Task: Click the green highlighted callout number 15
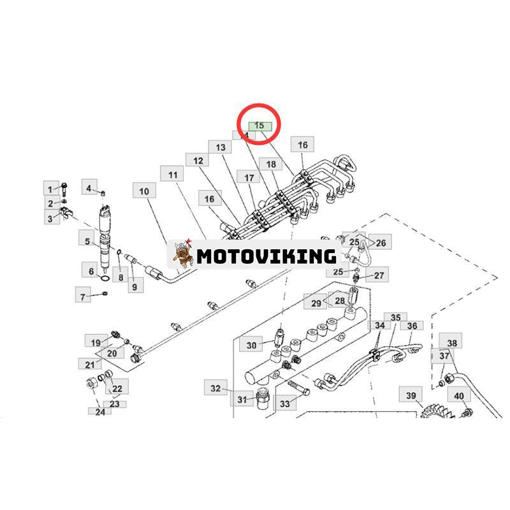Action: tap(259, 126)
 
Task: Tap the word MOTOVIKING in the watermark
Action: tap(266, 256)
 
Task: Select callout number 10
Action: tap(144, 191)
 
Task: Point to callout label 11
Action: tap(172, 175)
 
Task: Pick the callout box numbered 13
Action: tap(221, 147)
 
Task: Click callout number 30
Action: tap(251, 345)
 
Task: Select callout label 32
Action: tap(215, 388)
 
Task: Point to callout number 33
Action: tap(284, 403)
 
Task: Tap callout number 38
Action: tap(452, 343)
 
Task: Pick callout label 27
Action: tap(379, 275)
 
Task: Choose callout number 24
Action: tap(99, 411)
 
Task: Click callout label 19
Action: tap(95, 343)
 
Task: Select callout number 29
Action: tap(316, 303)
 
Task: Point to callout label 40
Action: tap(459, 396)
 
